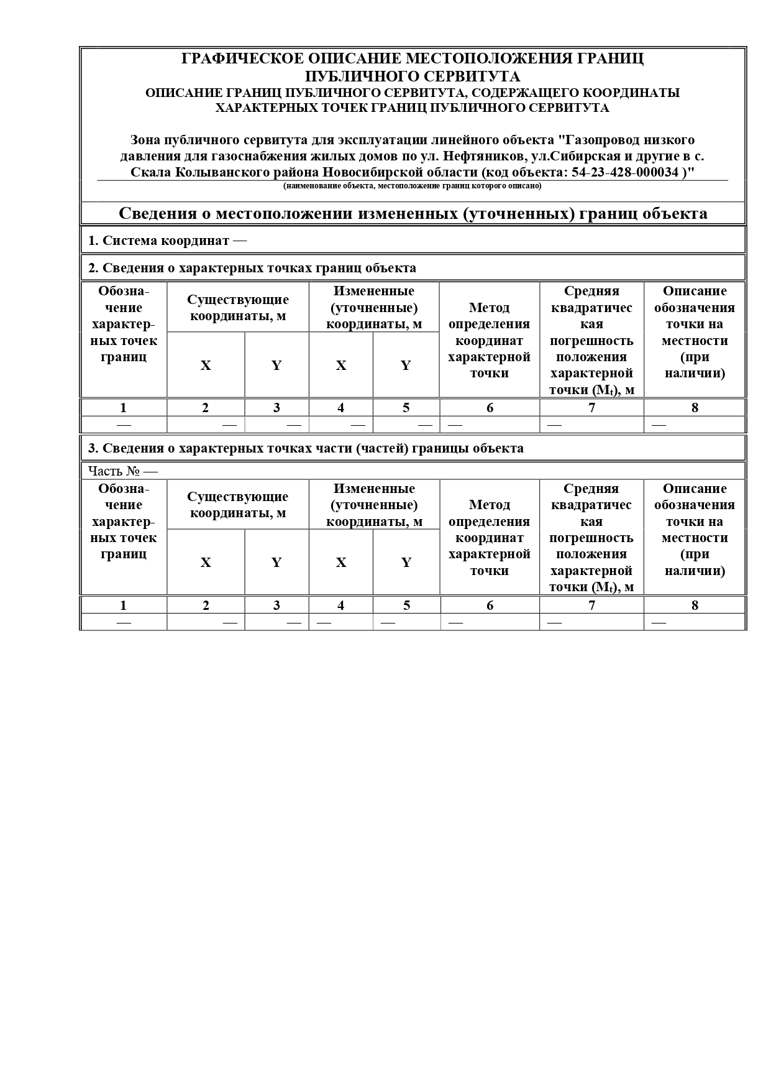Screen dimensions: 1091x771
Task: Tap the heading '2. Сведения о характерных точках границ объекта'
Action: coord(252,268)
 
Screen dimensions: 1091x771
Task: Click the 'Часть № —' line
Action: coord(123,471)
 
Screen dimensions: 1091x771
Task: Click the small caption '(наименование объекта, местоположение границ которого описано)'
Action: coord(413,186)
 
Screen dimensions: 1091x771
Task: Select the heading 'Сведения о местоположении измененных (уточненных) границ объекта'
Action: coord(413,214)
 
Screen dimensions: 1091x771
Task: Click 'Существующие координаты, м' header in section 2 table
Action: coord(238,308)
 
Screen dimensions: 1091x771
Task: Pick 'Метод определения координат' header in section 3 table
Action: coord(490,537)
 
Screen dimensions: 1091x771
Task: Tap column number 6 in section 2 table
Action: coord(490,408)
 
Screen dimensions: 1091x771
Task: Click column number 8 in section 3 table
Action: coord(695,605)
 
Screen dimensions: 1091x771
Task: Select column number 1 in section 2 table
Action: coord(123,408)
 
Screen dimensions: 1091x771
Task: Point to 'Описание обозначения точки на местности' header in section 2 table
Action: coord(695,332)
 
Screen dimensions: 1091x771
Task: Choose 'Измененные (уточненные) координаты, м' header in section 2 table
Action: coord(374,307)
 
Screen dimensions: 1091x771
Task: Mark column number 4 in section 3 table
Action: coord(341,605)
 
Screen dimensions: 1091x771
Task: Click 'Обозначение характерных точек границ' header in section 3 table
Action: coord(123,521)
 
